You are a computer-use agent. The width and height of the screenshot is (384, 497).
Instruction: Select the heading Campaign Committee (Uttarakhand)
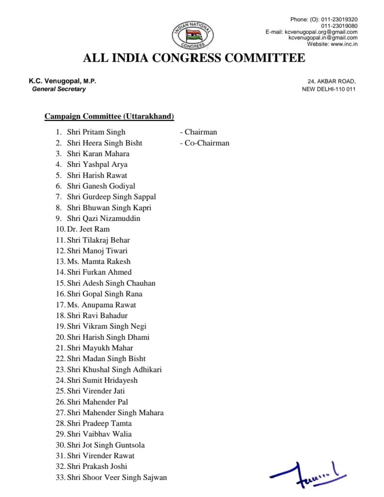coord(109,116)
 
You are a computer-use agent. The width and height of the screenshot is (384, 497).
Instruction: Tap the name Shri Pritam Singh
coord(96,132)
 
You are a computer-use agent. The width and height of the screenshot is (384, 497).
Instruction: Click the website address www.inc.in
coord(344,44)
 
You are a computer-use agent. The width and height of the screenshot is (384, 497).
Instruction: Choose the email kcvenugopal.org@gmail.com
coord(321,32)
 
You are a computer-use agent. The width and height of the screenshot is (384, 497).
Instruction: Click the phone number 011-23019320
coord(339,19)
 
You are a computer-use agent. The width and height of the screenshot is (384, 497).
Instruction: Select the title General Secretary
coord(59,89)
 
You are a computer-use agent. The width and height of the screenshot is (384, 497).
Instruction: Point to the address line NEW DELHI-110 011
coord(329,89)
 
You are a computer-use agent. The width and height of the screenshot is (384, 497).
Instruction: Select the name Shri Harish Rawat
coord(97,175)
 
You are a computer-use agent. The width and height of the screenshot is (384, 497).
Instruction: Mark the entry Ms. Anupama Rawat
coord(102,305)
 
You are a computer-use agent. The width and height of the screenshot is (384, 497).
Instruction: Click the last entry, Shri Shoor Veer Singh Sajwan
coord(117,478)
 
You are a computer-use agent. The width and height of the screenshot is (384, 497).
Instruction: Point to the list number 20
coord(60,337)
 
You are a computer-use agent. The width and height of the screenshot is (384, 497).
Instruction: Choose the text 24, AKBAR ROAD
coord(332,82)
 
